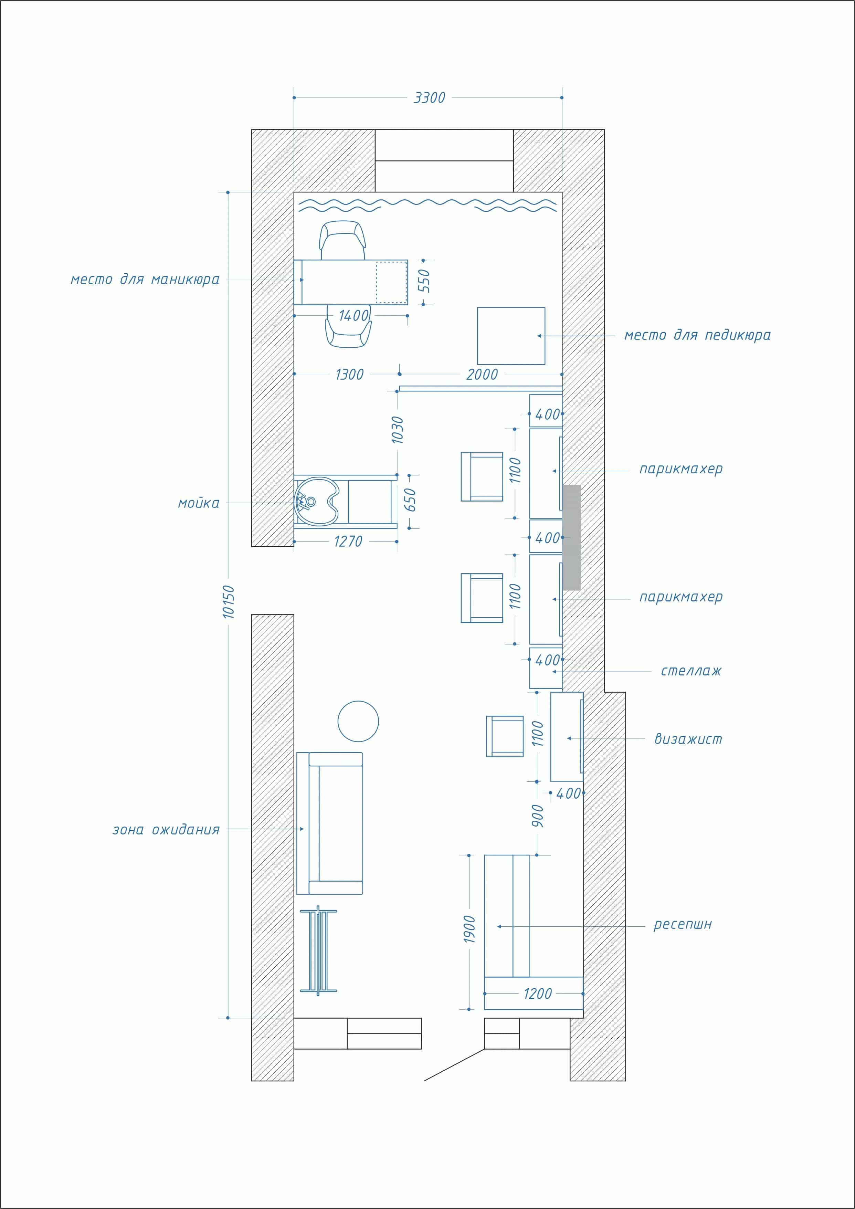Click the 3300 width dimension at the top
[x=429, y=98]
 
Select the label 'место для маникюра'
[x=145, y=279]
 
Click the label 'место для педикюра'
[x=697, y=335]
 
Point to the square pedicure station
[x=511, y=336]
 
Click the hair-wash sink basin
[x=317, y=502]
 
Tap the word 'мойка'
[x=199, y=503]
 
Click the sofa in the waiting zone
[x=330, y=823]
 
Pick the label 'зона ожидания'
[x=166, y=830]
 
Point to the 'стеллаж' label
[x=691, y=671]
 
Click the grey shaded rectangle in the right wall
[x=572, y=537]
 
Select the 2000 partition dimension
[x=482, y=375]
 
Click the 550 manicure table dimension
[x=424, y=281]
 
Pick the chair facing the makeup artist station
[x=504, y=736]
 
